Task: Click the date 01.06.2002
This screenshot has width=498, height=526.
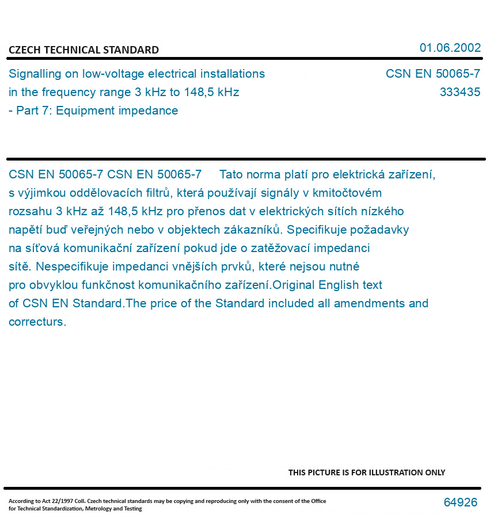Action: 450,48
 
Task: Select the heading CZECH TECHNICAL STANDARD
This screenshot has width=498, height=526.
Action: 83,50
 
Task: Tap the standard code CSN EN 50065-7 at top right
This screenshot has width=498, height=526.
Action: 432,74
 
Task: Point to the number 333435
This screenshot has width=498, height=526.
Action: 459,92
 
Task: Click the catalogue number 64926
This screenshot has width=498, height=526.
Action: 460,502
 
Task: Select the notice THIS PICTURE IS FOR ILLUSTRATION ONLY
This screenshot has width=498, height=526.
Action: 366,472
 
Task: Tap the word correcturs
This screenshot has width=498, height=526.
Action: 37,322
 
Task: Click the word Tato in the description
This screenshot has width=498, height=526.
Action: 231,174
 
